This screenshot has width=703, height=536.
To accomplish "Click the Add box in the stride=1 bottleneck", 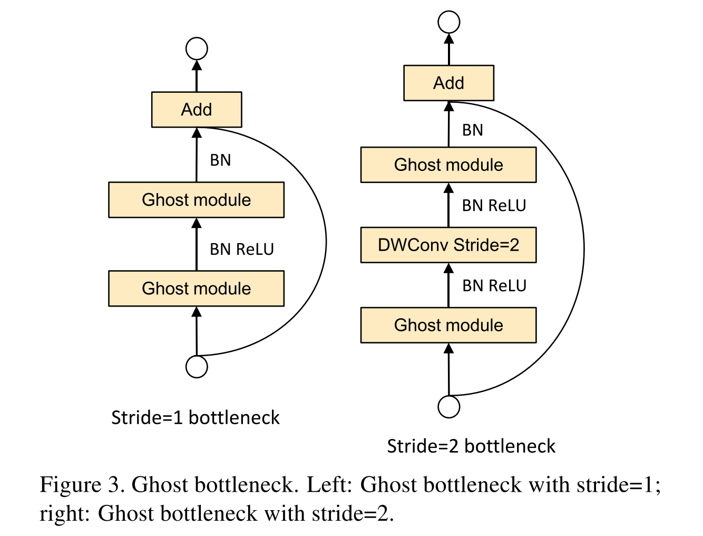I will point(197,110).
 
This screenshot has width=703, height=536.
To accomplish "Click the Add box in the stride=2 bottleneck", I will point(448,83).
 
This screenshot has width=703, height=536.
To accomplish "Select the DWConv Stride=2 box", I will point(448,245).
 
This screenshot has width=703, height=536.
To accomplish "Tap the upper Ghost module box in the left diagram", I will point(196,200).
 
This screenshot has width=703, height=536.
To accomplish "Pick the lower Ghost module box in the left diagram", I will point(196,289).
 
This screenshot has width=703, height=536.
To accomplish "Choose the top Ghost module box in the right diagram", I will point(448,165).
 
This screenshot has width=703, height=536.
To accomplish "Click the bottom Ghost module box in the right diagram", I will point(448,326).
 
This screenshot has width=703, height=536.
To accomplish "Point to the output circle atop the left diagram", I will point(197,49).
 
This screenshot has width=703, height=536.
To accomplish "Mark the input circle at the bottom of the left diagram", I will point(197,367).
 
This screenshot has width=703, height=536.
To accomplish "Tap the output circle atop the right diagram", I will point(449,22).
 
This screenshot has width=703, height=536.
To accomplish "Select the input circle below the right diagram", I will point(449,407).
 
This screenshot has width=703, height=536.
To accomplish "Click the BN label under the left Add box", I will point(220,160).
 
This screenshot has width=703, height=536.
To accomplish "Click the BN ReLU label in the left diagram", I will point(242,249).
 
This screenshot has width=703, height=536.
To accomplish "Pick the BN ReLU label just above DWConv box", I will point(494,206).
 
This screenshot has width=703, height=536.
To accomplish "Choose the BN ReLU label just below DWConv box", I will point(494,286).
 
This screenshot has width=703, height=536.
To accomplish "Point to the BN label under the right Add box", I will point(472,130).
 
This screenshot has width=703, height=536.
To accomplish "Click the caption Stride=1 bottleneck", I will point(195,418).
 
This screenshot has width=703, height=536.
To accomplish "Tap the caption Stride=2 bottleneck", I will point(471,446).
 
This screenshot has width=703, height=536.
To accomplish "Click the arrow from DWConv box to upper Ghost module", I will point(448,206).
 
